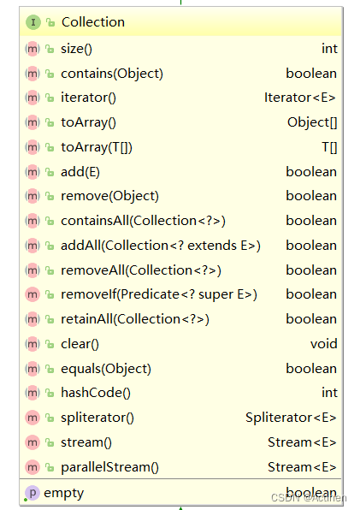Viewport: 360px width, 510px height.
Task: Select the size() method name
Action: (77, 49)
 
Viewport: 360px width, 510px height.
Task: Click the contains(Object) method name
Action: (111, 74)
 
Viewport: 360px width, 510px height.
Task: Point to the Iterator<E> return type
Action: (300, 98)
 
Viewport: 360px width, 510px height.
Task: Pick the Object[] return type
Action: (311, 122)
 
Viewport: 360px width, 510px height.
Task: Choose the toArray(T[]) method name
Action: (97, 147)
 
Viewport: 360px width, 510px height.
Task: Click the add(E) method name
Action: (80, 171)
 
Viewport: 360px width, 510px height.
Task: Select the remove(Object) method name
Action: (109, 196)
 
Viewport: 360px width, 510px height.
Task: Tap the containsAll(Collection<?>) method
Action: (143, 221)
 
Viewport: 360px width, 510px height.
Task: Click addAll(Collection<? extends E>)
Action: (161, 246)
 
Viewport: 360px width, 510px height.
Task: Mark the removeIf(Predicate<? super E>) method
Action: (159, 294)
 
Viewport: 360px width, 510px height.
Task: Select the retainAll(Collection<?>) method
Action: (135, 319)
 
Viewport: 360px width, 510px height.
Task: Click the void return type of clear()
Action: (323, 344)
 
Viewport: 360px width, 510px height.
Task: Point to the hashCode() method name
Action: (96, 393)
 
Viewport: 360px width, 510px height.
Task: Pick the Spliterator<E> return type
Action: (291, 418)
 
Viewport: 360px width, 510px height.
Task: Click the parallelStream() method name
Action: (109, 467)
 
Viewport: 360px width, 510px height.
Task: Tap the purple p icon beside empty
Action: (32, 492)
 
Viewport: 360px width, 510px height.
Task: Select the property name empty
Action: (63, 492)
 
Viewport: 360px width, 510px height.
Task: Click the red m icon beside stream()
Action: (32, 442)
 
